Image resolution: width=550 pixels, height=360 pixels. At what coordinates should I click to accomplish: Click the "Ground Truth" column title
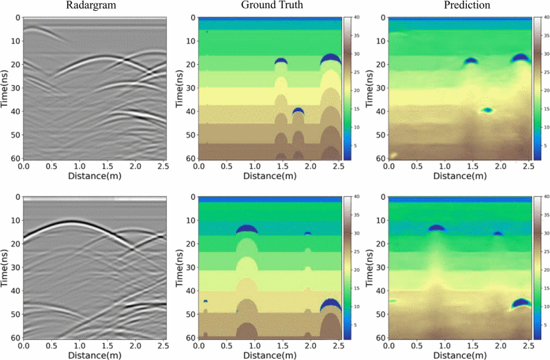point(269,5)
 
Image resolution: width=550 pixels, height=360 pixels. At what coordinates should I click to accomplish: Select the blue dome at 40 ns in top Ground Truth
point(298,111)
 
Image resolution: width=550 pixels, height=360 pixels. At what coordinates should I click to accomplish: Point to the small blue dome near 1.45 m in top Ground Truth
point(281,62)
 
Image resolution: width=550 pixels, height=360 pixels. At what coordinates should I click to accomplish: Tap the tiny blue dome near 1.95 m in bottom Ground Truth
point(307,233)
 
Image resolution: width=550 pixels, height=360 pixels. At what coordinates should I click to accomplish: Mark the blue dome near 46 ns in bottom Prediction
point(520,303)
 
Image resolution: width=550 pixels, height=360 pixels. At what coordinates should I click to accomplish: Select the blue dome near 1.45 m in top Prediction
point(471,61)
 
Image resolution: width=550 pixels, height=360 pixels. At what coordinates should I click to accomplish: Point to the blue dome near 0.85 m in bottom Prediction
point(437,228)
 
